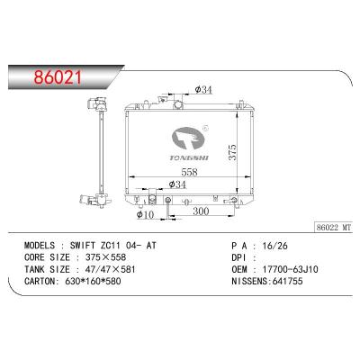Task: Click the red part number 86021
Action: pyautogui.click(x=58, y=77)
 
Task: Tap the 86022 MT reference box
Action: pyautogui.click(x=333, y=228)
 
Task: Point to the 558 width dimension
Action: pyautogui.click(x=190, y=172)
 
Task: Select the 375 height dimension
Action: pyautogui.click(x=233, y=152)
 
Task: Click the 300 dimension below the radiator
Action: pyautogui.click(x=201, y=211)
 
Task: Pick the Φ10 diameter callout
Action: pyautogui.click(x=145, y=214)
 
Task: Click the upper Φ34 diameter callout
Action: pyautogui.click(x=203, y=89)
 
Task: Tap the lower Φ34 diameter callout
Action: pyautogui.click(x=177, y=184)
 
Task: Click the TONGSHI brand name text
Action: pyautogui.click(x=189, y=157)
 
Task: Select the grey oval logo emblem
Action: pyautogui.click(x=188, y=139)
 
